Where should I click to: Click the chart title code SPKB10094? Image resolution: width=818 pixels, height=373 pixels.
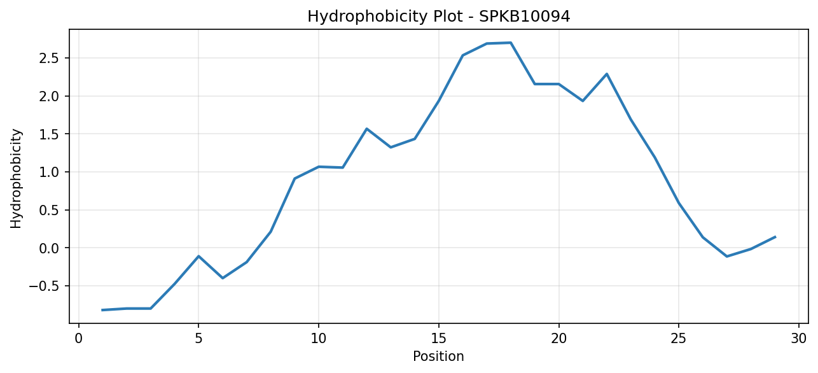[524, 17]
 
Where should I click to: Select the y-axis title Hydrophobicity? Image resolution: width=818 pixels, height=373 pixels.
[16, 178]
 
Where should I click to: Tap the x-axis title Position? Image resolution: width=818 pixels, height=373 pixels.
[438, 356]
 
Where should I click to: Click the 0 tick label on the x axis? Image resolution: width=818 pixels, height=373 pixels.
[78, 339]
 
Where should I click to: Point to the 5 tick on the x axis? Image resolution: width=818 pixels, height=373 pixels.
[198, 339]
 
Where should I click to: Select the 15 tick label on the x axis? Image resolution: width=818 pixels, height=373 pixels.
[439, 339]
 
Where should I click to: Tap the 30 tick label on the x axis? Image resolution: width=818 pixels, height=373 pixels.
[799, 339]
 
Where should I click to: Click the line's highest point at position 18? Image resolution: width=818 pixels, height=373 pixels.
[511, 43]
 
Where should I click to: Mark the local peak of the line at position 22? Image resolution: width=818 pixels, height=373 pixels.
[607, 74]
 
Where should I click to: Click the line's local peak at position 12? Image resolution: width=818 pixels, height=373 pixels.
[366, 129]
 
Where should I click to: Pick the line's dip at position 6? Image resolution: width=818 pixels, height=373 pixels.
[223, 278]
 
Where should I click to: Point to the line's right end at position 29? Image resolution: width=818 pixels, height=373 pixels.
[775, 237]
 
